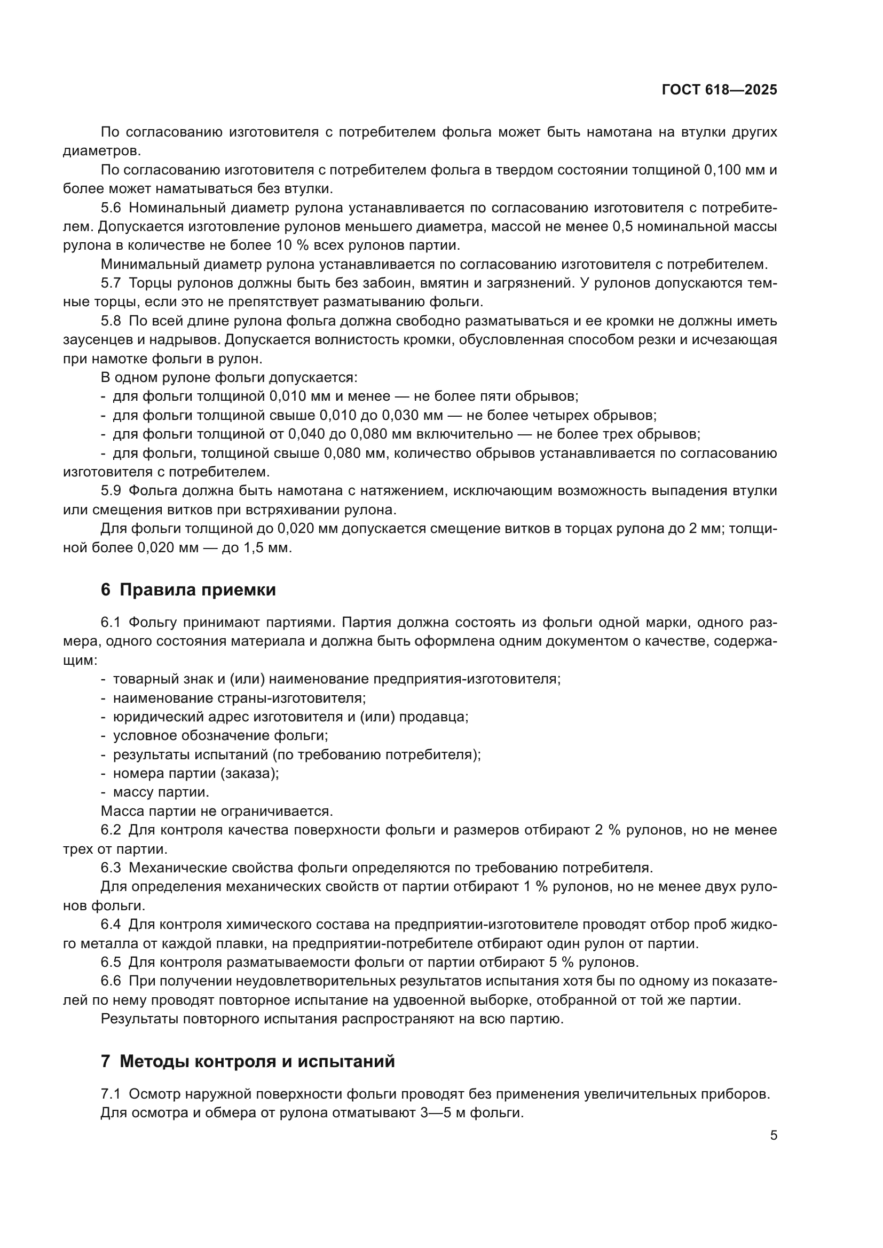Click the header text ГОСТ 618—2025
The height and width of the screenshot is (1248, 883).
tap(719, 90)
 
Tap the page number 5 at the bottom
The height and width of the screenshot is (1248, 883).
tap(773, 1135)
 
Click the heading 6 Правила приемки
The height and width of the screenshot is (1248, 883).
tap(188, 590)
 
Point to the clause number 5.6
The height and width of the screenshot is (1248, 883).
tap(111, 208)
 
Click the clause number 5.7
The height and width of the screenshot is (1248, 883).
tap(111, 283)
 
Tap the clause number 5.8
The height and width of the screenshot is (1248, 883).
tap(111, 321)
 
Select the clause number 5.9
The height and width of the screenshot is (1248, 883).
tap(111, 491)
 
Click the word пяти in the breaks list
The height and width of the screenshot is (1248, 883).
tap(497, 396)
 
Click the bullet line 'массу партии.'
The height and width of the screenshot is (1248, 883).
tap(161, 792)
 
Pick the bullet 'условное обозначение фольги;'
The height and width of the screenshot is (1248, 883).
tap(220, 735)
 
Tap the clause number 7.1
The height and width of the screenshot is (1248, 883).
tap(111, 1094)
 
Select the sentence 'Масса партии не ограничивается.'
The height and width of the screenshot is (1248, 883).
tap(216, 811)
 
